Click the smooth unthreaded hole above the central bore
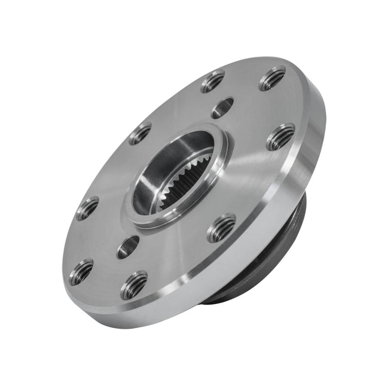223,108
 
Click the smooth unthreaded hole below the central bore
128,247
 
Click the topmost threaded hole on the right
272,78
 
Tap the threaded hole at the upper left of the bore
140,133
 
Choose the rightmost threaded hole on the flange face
281,137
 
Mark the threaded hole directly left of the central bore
87,208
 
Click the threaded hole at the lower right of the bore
221,227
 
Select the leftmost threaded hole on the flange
81,272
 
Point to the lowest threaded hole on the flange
134,285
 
